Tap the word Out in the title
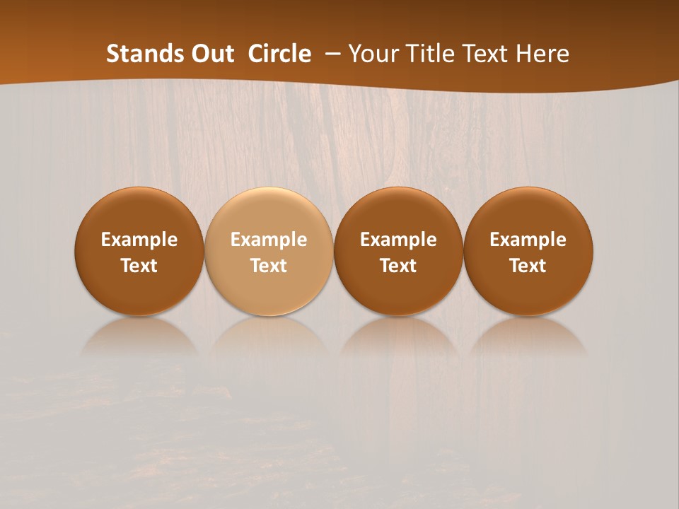coord(211,54)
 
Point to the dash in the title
coord(330,54)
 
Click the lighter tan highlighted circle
coord(269,251)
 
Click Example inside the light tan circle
coord(269,240)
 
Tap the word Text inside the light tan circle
coord(269,266)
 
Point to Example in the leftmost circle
coord(139,240)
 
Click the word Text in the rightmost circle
coord(528,266)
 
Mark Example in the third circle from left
coord(398,240)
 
